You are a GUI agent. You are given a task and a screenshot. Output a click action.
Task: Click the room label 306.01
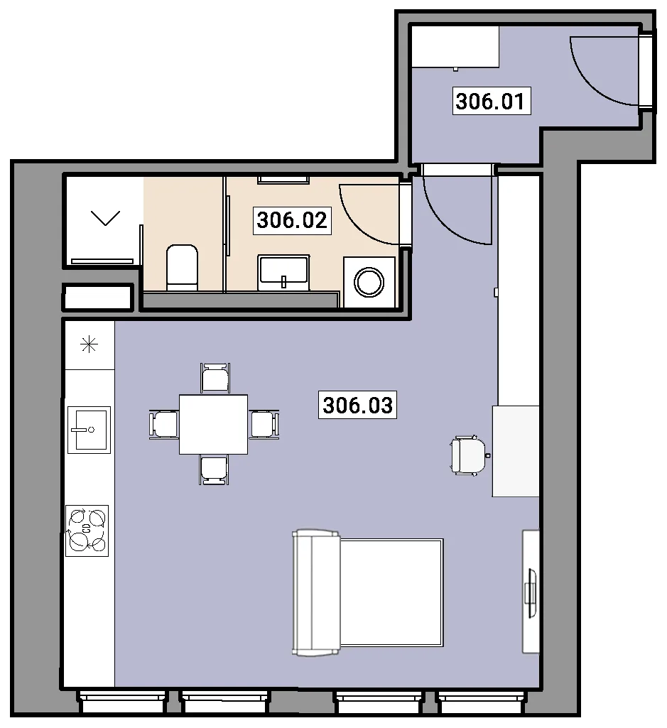[492, 101]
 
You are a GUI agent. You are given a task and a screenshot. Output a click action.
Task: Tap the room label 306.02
[292, 220]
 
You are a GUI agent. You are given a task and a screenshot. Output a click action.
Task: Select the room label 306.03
[358, 405]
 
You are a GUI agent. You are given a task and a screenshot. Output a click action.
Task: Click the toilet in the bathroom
[182, 268]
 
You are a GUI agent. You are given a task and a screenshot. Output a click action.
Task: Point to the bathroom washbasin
[284, 272]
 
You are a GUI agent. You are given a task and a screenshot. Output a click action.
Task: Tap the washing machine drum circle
[369, 282]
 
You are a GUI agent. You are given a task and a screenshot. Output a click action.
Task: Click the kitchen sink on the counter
[89, 430]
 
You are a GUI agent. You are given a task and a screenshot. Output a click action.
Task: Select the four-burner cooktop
[87, 531]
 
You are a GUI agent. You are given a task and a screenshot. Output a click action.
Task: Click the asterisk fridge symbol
[89, 344]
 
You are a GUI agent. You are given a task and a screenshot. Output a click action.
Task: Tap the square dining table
[213, 424]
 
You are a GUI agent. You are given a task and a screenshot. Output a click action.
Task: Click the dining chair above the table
[215, 378]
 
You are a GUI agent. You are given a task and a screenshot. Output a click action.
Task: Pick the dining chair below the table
[214, 470]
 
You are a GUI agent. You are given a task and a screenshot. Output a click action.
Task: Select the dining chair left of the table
[164, 424]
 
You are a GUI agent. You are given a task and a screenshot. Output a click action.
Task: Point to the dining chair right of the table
[264, 424]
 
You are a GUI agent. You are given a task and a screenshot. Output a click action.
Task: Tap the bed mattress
[391, 592]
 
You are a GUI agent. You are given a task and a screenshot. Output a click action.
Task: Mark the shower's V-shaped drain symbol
[105, 218]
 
